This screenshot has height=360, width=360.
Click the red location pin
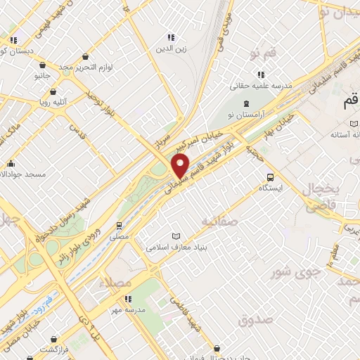click(181, 166)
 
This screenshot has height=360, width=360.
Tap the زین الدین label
click(169, 49)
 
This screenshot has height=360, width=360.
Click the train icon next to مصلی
click(120, 226)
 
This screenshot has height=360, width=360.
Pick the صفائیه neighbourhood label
click(221, 222)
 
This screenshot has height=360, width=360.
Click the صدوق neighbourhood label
click(255, 321)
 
